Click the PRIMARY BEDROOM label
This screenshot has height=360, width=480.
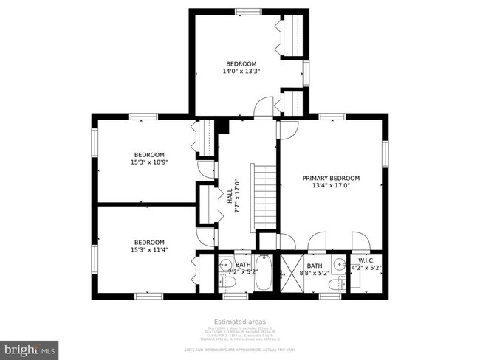tap(331, 179)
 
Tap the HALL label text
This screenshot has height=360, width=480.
tap(230, 199)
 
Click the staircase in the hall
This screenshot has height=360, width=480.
tap(264, 195)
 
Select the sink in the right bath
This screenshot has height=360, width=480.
tap(339, 264)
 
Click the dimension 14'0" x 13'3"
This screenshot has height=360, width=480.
tap(241, 72)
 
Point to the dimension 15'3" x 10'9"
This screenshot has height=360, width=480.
tap(149, 162)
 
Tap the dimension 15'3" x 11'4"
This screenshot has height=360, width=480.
tap(149, 250)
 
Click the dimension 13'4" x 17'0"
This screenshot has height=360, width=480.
tap(331, 187)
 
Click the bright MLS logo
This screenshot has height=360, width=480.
tap(30, 347)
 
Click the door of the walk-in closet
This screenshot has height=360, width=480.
tap(360, 243)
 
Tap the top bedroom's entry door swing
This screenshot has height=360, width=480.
tap(263, 111)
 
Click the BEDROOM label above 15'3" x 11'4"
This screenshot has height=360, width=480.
tap(149, 242)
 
